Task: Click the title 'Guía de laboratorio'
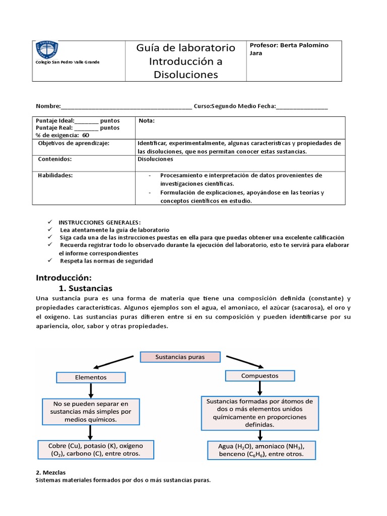186,48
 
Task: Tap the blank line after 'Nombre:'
126,107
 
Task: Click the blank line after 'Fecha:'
302,107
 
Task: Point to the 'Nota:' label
147,121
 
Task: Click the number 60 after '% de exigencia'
86,135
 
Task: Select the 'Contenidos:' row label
55,159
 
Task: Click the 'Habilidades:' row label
55,175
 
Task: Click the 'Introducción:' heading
63,278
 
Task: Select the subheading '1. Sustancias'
86,289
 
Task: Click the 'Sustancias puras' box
180,357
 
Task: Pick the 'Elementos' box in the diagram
91,377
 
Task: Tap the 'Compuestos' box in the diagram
260,375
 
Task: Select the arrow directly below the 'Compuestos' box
260,388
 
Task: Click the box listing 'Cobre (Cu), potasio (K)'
96,449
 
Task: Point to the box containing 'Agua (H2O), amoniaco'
261,449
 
